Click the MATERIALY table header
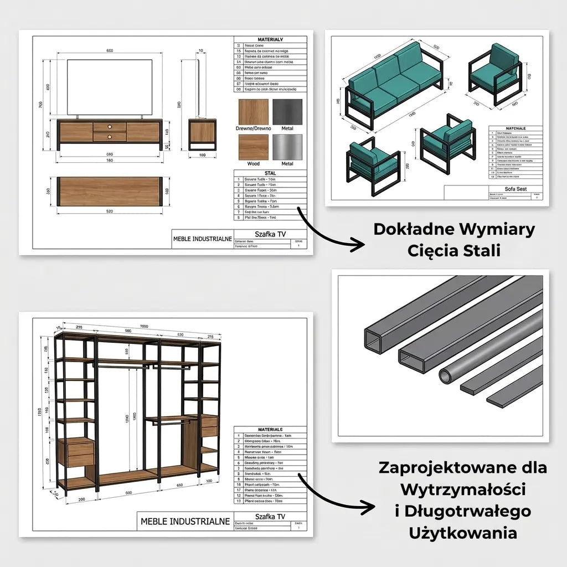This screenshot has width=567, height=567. [271, 40]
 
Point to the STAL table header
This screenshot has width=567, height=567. [271, 173]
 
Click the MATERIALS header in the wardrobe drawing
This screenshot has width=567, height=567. [270, 429]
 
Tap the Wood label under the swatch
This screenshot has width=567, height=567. [254, 163]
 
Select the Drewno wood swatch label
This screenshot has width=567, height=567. [254, 128]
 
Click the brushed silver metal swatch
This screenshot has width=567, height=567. [287, 147]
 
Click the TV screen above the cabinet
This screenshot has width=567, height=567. [110, 86]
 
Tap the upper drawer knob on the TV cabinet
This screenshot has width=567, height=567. [110, 126]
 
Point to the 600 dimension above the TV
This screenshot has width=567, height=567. [110, 51]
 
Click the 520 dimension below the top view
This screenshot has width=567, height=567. [110, 211]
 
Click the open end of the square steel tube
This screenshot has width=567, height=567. [374, 341]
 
